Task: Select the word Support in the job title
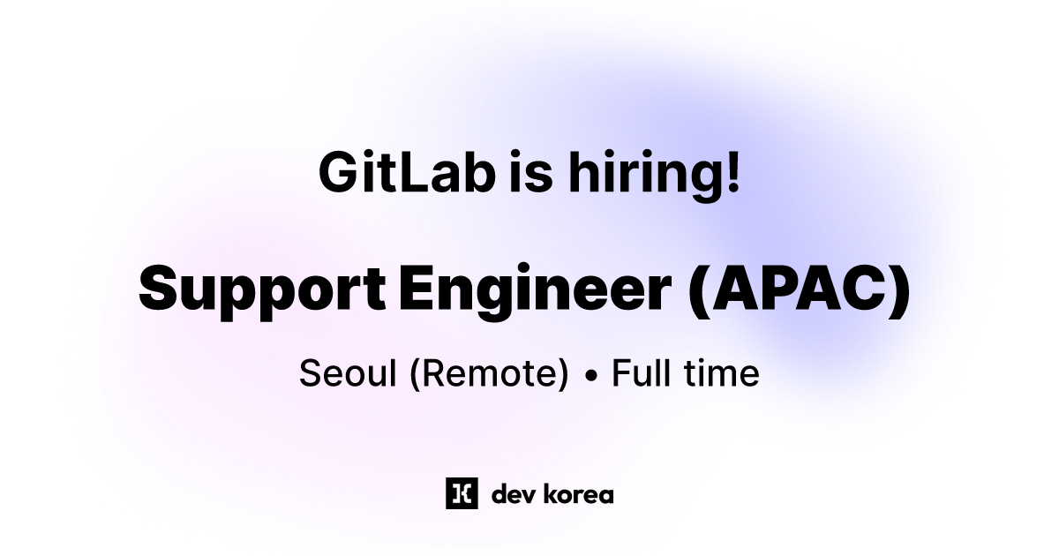click(x=262, y=289)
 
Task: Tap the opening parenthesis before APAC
click(x=699, y=289)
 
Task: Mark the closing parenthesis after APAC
click(x=899, y=289)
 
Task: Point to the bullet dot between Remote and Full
click(x=591, y=377)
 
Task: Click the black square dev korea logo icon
click(x=462, y=493)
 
